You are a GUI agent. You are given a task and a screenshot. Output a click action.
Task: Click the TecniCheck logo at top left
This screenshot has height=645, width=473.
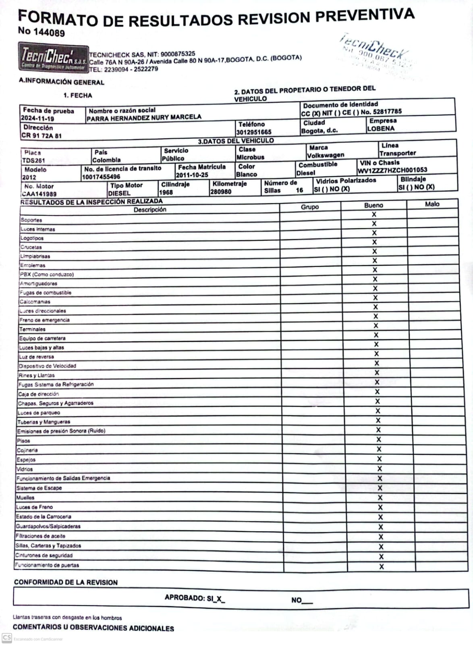[x=53, y=58]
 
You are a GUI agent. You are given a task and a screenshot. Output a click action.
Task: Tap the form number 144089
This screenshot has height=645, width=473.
[x=49, y=32]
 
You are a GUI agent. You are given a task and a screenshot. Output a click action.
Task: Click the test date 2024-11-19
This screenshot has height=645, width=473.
[x=37, y=119]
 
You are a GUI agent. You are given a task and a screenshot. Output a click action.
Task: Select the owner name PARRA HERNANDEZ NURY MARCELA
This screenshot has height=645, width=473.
[x=144, y=117]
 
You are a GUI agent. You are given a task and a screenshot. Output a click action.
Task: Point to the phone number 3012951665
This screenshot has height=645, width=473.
[x=254, y=132]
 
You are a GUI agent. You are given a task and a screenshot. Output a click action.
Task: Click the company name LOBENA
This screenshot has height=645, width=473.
[x=381, y=129]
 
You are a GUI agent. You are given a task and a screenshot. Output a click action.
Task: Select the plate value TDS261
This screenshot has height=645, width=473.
[x=33, y=160]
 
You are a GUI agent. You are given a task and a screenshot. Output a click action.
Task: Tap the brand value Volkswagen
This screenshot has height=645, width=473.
[x=326, y=155]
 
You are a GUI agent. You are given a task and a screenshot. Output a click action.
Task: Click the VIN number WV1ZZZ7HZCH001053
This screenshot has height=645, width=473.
[x=392, y=170]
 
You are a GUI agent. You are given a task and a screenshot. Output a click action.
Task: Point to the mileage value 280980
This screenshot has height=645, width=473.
[x=221, y=192]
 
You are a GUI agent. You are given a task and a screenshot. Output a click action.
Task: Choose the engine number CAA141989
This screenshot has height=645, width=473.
[x=39, y=194]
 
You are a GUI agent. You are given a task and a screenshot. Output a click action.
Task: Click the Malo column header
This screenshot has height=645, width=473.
[x=432, y=204]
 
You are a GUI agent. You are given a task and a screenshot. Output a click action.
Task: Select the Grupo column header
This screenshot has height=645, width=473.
[x=310, y=207]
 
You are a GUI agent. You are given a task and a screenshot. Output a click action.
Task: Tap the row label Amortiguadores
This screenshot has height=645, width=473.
[x=39, y=283]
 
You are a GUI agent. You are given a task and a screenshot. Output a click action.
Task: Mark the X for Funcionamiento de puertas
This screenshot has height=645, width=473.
[x=381, y=566]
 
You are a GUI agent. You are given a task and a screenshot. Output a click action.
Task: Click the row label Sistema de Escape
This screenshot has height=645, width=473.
[x=39, y=488]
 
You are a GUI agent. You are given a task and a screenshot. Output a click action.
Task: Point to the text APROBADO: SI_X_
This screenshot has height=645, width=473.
[x=195, y=598]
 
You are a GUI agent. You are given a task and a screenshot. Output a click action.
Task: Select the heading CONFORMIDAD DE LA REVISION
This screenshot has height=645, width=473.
[x=66, y=582]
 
